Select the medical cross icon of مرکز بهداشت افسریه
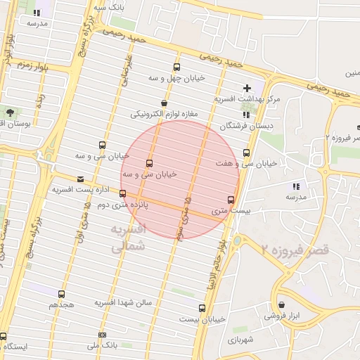click(x=246, y=88)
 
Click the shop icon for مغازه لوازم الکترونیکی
click(x=163, y=103)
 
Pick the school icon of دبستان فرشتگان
click(x=245, y=115)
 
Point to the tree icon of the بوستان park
click(x=9, y=112)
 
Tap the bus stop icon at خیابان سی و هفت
click(x=245, y=152)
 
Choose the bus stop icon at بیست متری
click(x=231, y=200)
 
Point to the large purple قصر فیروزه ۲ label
click(x=295, y=250)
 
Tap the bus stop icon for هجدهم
click(x=61, y=295)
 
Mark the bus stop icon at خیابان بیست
click(x=202, y=308)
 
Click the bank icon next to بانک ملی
click(x=103, y=335)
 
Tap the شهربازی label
click(x=240, y=340)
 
